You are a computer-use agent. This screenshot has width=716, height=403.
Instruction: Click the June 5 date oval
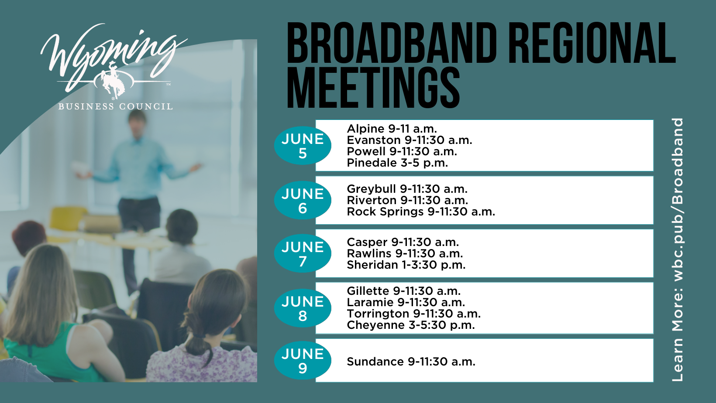tap(303, 146)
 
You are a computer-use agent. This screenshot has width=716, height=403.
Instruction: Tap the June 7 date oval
tap(303, 253)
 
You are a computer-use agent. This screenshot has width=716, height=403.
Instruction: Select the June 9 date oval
tap(303, 361)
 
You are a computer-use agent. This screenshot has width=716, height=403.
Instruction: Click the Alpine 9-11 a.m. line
tap(392, 129)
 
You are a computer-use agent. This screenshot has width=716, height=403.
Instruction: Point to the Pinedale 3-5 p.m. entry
tap(397, 163)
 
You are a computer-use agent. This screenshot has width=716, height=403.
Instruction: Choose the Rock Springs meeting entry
tap(421, 212)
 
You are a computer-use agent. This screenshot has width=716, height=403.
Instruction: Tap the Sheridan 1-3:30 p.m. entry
tap(406, 265)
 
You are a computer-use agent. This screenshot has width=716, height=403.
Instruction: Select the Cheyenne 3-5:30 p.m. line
tap(411, 325)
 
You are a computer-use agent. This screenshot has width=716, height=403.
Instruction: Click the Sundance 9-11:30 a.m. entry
tap(411, 362)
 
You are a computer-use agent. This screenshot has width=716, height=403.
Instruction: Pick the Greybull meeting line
tap(407, 189)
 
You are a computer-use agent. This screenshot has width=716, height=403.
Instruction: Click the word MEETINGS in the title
tap(373, 89)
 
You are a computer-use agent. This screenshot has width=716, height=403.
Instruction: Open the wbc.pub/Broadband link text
tap(678, 200)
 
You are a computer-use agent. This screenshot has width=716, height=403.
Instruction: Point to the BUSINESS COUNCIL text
tap(115, 106)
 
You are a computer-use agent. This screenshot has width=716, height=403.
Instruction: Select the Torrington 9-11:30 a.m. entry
tap(413, 314)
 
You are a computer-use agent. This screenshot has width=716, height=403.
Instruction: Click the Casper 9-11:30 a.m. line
tap(403, 242)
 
